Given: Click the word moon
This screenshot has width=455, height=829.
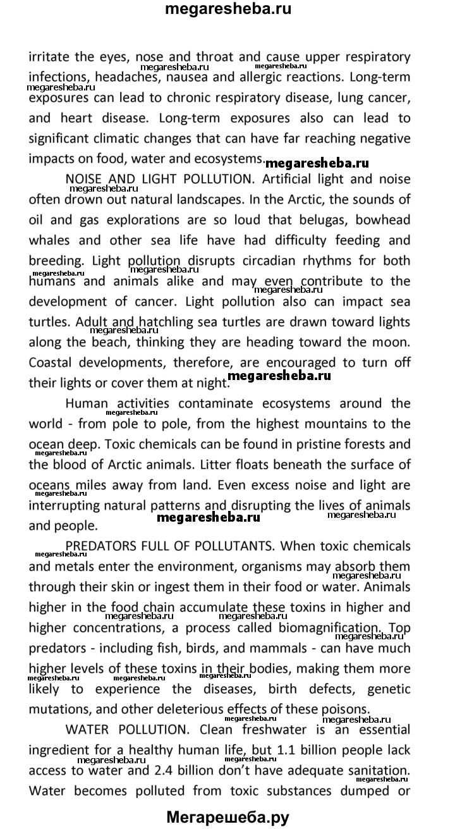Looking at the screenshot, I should tap(392, 342).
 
